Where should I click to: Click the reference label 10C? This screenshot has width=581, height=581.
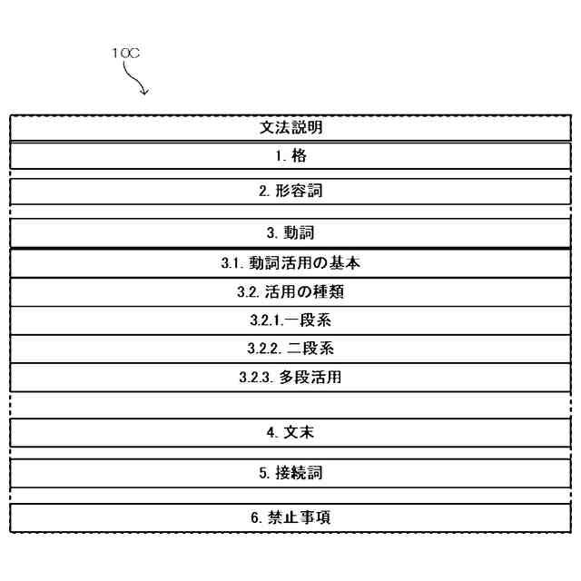[125, 54]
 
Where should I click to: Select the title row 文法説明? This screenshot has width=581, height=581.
[290, 128]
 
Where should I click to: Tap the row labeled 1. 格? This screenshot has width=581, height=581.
[290, 156]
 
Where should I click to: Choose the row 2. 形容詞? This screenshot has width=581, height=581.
[290, 192]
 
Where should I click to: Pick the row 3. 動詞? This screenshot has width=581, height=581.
[290, 233]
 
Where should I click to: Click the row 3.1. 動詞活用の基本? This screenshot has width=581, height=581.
[290, 264]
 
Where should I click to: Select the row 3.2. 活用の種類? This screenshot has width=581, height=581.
[290, 292]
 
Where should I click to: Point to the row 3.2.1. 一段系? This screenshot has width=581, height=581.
[290, 320]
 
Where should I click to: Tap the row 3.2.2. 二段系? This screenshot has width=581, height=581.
[290, 349]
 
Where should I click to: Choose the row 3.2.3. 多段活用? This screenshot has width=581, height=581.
[290, 377]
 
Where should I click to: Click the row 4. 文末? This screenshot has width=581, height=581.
[290, 433]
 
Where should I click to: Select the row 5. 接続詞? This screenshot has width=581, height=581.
[290, 473]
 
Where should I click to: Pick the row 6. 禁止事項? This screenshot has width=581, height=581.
[290, 517]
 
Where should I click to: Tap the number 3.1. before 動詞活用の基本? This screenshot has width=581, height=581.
[233, 264]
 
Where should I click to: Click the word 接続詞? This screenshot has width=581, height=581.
[300, 473]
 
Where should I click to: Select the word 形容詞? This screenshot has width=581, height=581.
[300, 192]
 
